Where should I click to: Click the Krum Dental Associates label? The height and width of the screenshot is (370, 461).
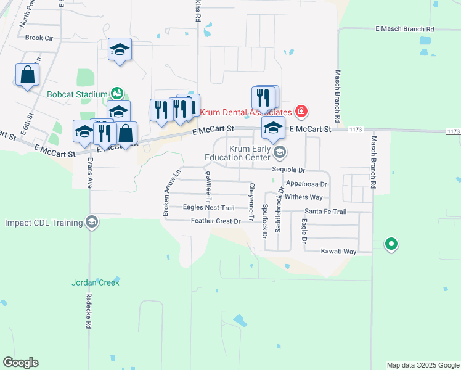pyautogui.click(x=253, y=113)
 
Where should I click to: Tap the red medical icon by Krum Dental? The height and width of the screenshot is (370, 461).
pyautogui.click(x=301, y=112)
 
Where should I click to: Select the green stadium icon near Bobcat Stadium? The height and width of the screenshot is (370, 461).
pyautogui.click(x=116, y=94)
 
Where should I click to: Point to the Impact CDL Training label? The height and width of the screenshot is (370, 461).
pyautogui.click(x=43, y=223)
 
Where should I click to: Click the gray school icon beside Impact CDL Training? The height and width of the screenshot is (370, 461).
pyautogui.click(x=92, y=222)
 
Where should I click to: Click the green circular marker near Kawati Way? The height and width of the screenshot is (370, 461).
pyautogui.click(x=391, y=244)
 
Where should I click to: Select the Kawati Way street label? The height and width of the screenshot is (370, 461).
pyautogui.click(x=338, y=252)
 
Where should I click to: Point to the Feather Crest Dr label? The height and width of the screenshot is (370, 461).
pyautogui.click(x=215, y=221)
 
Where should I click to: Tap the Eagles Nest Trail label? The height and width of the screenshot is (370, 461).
pyautogui.click(x=209, y=208)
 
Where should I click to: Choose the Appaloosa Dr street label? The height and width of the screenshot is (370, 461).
pyautogui.click(x=306, y=184)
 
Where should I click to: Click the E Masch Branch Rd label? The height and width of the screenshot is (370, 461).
pyautogui.click(x=404, y=29)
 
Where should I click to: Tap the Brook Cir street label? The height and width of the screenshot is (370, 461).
pyautogui.click(x=39, y=38)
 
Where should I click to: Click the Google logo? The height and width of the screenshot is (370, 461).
pyautogui.click(x=21, y=363)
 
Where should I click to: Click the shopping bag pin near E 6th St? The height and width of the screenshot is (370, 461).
pyautogui.click(x=28, y=75)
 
